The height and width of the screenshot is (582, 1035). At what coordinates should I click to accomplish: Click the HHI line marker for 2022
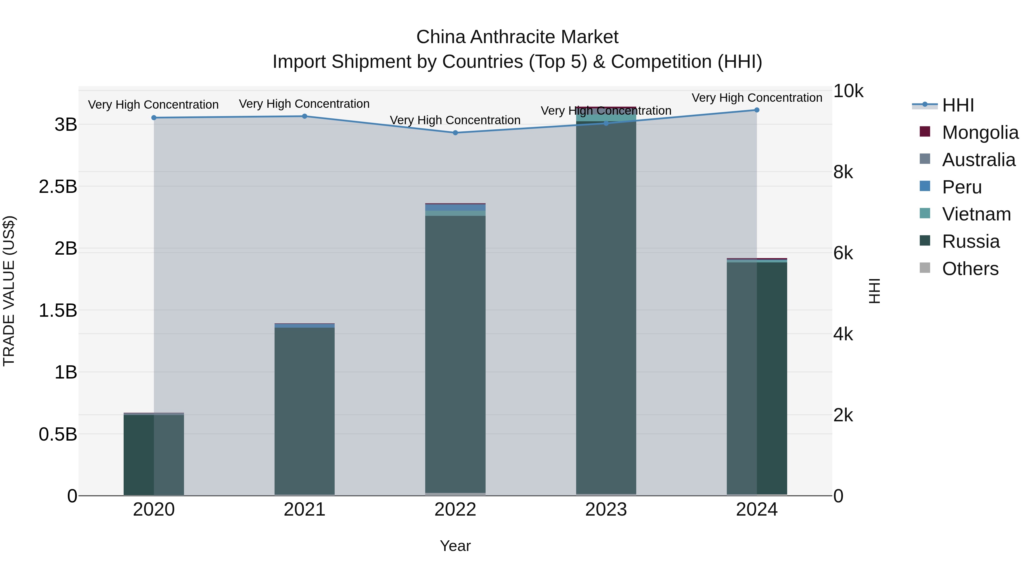click(455, 132)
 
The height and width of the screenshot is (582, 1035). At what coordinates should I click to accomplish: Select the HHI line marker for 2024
click(757, 110)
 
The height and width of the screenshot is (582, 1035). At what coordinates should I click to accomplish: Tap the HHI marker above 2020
click(154, 118)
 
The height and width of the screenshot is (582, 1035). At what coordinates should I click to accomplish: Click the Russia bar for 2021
click(304, 410)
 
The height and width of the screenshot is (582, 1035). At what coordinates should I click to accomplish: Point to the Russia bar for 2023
click(606, 305)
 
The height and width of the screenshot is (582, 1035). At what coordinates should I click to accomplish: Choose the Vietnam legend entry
click(976, 214)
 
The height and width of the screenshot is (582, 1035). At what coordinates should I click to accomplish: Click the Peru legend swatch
click(925, 186)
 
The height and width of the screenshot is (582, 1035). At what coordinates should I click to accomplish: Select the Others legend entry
click(970, 269)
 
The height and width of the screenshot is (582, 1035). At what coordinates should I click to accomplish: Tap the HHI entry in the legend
click(958, 105)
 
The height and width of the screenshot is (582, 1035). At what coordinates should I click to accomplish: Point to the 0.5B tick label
click(58, 435)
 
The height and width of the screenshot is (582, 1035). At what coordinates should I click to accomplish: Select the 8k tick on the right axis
click(843, 172)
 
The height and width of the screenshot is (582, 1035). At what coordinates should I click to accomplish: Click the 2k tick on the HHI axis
click(843, 415)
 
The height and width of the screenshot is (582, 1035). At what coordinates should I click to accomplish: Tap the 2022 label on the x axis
click(455, 510)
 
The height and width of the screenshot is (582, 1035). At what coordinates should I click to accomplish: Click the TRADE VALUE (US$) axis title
click(9, 291)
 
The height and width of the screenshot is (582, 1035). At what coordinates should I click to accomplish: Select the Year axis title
click(455, 546)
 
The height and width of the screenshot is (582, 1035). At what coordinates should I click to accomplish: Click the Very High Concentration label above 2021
click(304, 104)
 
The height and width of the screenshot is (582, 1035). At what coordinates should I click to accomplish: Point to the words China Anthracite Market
click(517, 37)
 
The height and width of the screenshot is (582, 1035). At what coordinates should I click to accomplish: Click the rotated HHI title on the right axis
click(874, 291)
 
